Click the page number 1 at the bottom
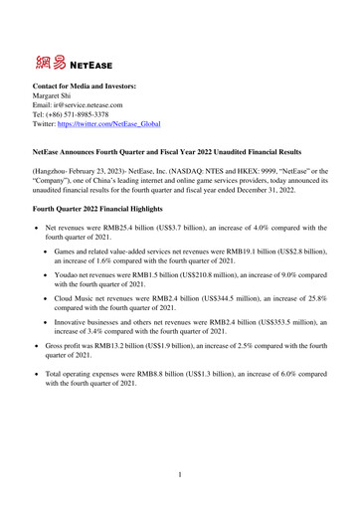click(180, 475)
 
